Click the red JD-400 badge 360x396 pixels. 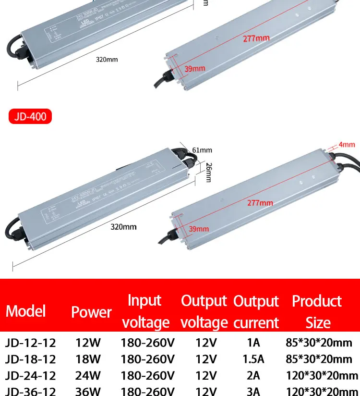pos(30,116)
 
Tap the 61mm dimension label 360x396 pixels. pos(202,150)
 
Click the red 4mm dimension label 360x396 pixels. pos(347,144)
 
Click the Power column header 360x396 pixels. pos(91,312)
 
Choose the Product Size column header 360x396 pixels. pos(317,311)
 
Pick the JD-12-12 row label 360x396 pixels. pos(30,343)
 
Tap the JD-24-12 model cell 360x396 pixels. pos(30,375)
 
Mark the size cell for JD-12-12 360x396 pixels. pos(319,343)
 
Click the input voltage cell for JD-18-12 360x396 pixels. pos(147,359)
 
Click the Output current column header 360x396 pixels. pos(256,311)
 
